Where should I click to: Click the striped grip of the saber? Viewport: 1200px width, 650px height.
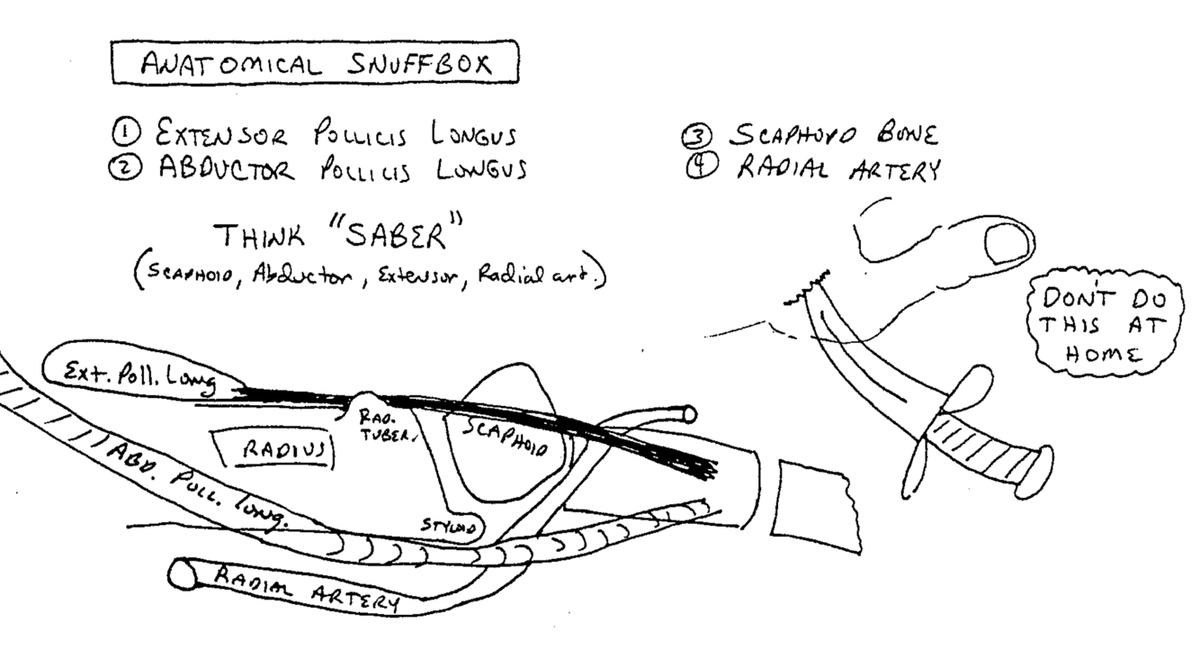[985, 447]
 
